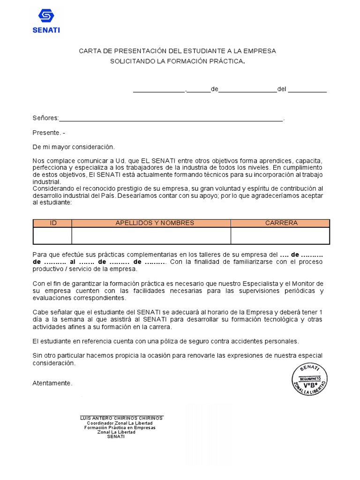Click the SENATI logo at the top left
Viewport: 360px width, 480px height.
click(46, 21)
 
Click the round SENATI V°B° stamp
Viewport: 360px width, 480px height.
click(309, 379)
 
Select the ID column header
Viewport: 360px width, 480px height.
click(52, 223)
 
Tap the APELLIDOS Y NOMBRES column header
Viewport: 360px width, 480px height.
click(155, 223)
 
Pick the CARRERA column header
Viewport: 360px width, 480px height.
click(281, 223)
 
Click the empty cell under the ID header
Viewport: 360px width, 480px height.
click(52, 236)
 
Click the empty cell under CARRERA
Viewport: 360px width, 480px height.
click(280, 236)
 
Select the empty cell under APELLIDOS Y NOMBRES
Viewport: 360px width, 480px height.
click(151, 236)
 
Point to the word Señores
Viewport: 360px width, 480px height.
click(45, 118)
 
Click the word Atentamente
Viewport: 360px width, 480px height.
click(52, 383)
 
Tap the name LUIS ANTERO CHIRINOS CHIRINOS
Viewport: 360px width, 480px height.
click(121, 418)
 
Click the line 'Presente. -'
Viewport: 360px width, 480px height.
click(49, 133)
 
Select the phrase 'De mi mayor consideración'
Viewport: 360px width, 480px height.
click(73, 147)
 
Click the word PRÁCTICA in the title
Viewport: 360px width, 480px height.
click(227, 61)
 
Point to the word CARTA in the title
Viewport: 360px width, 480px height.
click(89, 51)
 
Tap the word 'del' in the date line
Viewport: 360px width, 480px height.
click(282, 89)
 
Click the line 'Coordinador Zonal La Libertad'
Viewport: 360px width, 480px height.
click(120, 423)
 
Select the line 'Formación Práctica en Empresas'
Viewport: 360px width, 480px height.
click(120, 427)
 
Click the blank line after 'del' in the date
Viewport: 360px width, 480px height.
click(307, 90)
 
